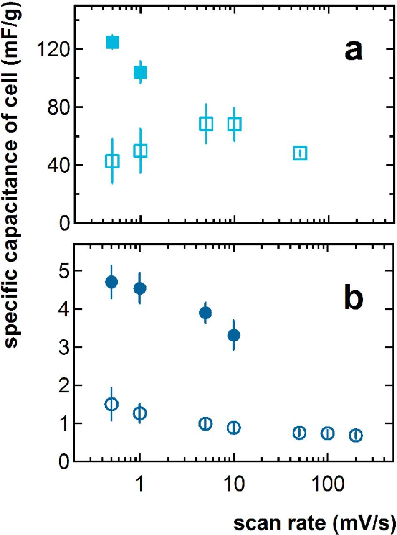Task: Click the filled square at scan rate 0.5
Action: pyautogui.click(x=112, y=42)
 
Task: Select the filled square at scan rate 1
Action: pyautogui.click(x=140, y=73)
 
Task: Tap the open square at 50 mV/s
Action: pyautogui.click(x=300, y=153)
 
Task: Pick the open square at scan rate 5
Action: pyautogui.click(x=206, y=124)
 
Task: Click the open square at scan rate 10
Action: pyautogui.click(x=234, y=124)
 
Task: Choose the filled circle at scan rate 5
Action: pyautogui.click(x=205, y=313)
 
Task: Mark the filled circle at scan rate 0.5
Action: pyautogui.click(x=111, y=282)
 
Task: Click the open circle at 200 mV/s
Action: pyautogui.click(x=356, y=435)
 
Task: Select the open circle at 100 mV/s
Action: pyautogui.click(x=328, y=433)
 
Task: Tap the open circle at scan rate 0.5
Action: pyautogui.click(x=111, y=404)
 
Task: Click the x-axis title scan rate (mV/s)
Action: pyautogui.click(x=314, y=522)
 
